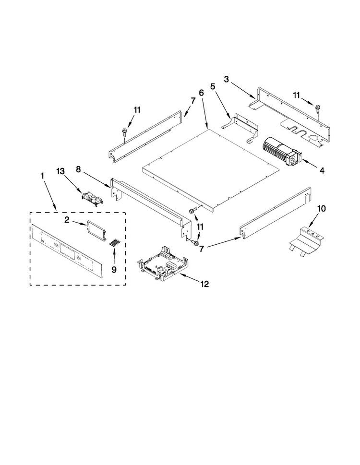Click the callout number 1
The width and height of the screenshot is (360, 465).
[x=42, y=176]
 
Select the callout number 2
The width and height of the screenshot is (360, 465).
[x=67, y=220]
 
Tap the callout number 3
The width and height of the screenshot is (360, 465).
[x=227, y=80]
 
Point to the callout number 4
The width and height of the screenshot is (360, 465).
[x=322, y=170]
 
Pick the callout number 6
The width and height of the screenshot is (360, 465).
[x=201, y=93]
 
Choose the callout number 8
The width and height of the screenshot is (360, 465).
[x=78, y=169]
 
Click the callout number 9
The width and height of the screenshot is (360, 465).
[x=114, y=269]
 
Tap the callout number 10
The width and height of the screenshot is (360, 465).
[x=321, y=209]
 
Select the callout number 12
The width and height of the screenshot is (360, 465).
[x=204, y=284]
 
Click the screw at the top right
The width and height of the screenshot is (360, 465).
[x=318, y=108]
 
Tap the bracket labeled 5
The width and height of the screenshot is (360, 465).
[x=240, y=127]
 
